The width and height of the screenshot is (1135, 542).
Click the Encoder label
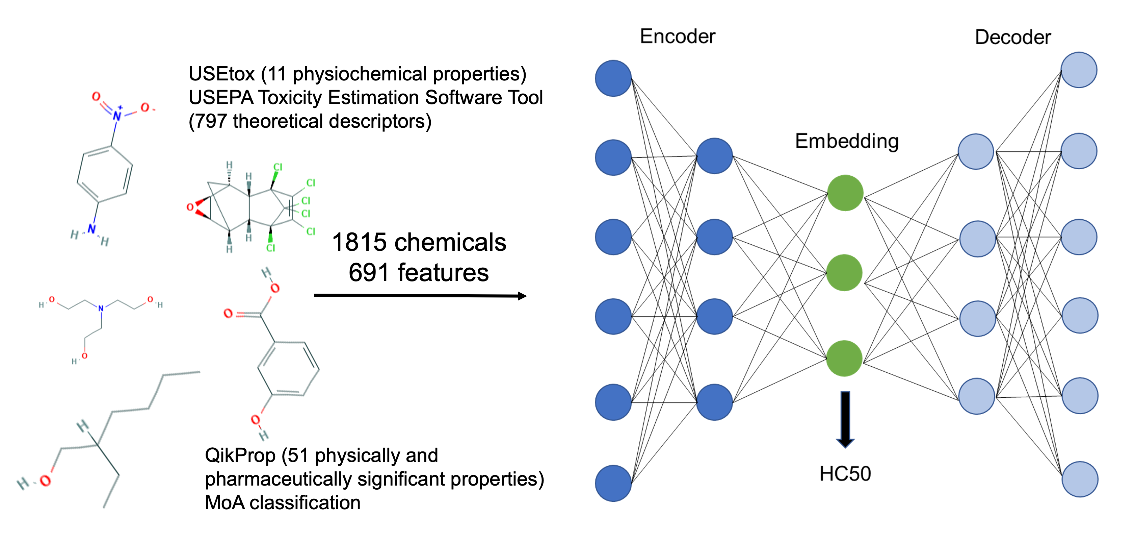[677, 36]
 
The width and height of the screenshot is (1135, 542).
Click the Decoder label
[1012, 38]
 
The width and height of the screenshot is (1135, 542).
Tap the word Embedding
[846, 142]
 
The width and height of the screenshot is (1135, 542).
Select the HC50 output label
[845, 474]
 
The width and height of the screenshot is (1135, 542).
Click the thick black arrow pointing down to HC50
[845, 419]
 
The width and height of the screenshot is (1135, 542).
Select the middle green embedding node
[844, 273]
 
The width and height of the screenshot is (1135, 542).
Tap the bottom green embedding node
[844, 359]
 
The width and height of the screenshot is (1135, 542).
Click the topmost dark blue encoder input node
[613, 78]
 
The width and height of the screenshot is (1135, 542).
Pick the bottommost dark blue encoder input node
[613, 483]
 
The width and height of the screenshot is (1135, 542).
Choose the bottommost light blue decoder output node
[1080, 479]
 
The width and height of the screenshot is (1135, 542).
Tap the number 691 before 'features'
[369, 273]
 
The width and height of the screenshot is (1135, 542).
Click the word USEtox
[221, 74]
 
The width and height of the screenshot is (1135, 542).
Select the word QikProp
[240, 455]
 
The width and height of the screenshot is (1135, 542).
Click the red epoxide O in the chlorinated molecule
[190, 207]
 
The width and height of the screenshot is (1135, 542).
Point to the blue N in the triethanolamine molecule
[101, 308]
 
